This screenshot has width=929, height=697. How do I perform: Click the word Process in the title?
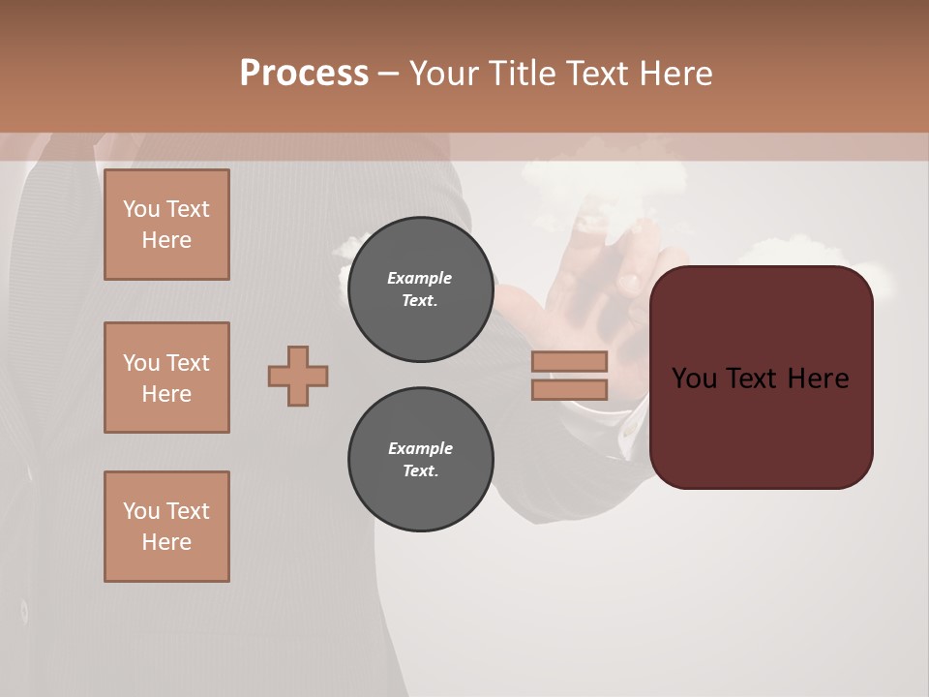tap(304, 73)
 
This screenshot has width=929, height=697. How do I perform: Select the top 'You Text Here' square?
tap(166, 225)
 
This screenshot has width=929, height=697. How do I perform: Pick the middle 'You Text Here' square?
tap(166, 378)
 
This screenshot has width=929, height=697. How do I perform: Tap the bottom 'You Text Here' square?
tap(166, 526)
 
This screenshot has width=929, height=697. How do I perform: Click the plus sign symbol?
tap(298, 376)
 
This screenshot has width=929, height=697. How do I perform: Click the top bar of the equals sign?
tap(569, 361)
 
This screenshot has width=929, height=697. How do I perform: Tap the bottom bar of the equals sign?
tap(569, 389)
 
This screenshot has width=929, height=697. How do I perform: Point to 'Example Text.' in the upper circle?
tap(420, 288)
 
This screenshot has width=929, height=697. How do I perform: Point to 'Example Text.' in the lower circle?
tap(420, 459)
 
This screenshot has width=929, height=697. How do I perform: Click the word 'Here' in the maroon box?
tap(818, 379)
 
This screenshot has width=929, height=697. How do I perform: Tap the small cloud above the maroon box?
tap(794, 250)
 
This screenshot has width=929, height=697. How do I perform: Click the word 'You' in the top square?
tap(141, 209)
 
